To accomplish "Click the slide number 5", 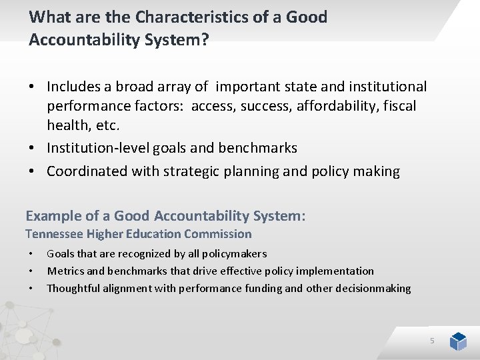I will click(432, 341).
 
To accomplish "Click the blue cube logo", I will click(458, 341).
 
